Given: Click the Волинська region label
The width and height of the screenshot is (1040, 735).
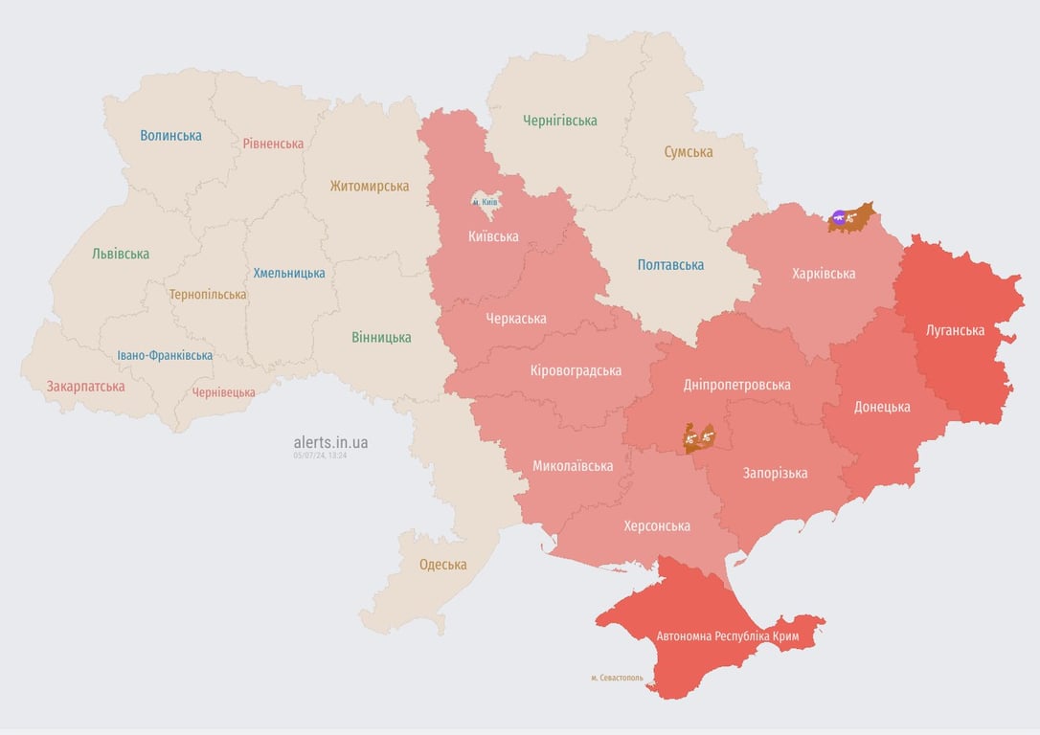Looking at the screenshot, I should [170, 136].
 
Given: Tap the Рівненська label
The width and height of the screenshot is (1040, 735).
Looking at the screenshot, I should [273, 144].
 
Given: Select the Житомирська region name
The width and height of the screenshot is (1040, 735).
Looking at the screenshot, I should [369, 187].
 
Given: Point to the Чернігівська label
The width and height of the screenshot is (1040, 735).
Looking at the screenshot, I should [559, 121].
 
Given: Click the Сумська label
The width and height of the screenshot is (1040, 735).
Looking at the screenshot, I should [688, 152].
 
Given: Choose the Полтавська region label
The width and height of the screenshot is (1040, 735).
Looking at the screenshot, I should [670, 265].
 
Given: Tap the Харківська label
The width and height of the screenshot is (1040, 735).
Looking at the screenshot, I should [824, 274].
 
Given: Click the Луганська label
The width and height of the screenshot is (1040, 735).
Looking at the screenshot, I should [955, 331].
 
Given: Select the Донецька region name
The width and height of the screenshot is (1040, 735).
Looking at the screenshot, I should [881, 407].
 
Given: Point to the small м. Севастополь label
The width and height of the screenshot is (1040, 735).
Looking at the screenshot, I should [617, 678].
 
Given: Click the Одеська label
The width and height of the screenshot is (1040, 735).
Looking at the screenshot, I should [442, 565].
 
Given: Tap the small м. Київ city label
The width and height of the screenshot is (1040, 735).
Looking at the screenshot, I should [485, 203].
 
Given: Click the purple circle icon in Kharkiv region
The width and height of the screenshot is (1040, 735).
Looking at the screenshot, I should [840, 217].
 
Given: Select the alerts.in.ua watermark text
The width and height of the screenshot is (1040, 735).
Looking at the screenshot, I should [330, 442].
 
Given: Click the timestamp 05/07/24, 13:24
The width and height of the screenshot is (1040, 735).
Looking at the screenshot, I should [320, 456].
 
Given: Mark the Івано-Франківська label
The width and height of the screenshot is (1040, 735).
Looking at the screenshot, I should [165, 356].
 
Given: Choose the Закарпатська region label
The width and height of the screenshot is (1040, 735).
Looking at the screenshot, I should [85, 387].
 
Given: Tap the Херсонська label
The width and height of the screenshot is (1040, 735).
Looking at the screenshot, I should [656, 526].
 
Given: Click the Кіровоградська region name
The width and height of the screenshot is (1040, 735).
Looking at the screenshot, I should [576, 370].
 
